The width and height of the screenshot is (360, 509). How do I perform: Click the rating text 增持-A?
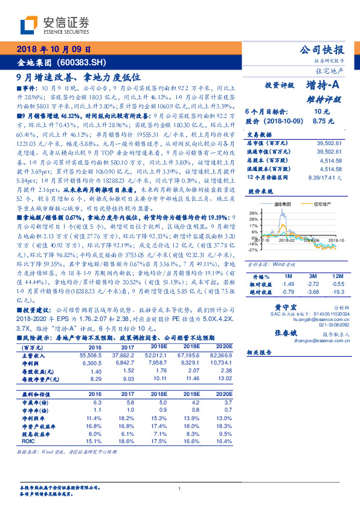323,86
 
